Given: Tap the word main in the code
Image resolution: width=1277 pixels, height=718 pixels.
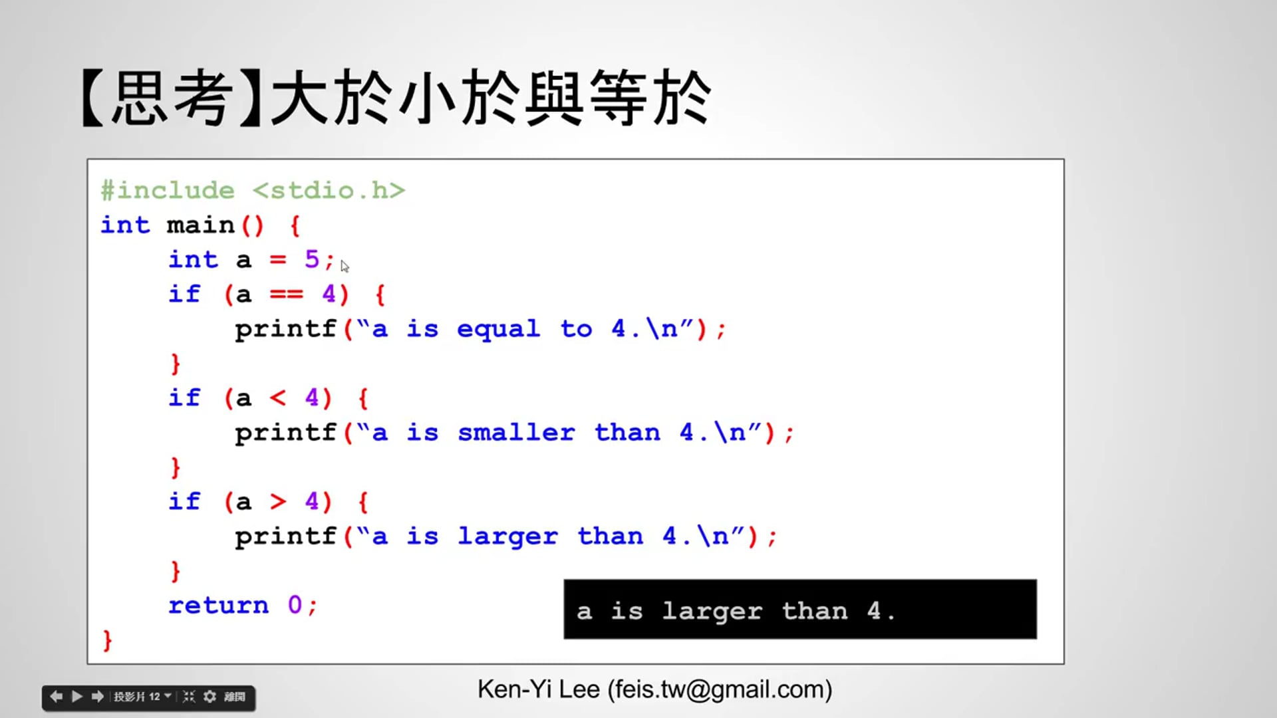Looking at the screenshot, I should [200, 225].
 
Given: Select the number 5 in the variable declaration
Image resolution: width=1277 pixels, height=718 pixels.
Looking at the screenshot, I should [311, 259].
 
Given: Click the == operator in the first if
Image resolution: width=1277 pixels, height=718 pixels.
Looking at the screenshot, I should [286, 294].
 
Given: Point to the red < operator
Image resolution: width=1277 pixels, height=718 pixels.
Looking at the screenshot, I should [278, 398].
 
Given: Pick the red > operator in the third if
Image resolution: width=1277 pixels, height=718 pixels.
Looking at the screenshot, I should [278, 501].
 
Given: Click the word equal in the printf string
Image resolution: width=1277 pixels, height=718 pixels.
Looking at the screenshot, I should [498, 329].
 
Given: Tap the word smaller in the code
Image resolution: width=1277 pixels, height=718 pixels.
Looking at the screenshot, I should [516, 433].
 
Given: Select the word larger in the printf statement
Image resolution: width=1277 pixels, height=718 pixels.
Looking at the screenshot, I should [507, 537].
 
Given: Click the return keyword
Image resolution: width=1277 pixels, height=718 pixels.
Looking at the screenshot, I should [218, 605].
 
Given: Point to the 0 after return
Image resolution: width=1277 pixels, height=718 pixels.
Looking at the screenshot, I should [295, 605].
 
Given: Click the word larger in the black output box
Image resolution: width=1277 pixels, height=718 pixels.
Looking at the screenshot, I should [712, 612].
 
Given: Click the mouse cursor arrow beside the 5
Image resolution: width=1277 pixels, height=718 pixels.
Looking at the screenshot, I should [345, 266].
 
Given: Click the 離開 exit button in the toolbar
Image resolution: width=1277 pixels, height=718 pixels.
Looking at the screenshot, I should [234, 697].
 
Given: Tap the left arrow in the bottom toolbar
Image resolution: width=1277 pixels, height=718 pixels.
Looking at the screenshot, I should [56, 697].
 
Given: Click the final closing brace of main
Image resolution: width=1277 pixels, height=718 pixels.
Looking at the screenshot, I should [108, 640].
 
